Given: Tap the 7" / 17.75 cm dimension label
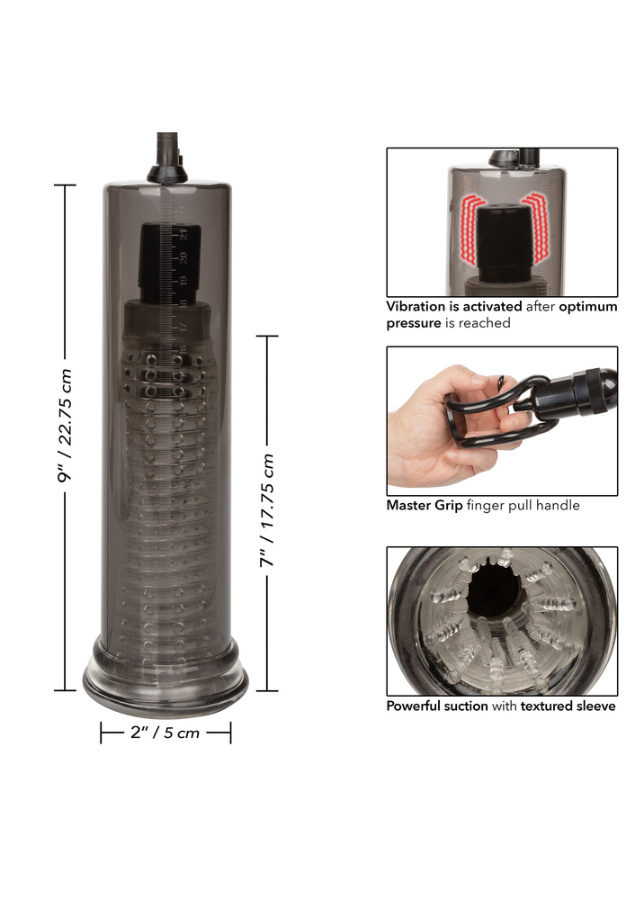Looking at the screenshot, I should click(x=267, y=511).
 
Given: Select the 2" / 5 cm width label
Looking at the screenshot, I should click(x=165, y=733).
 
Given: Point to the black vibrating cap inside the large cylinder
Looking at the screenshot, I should click(x=170, y=261).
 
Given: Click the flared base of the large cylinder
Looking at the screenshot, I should click(x=165, y=670).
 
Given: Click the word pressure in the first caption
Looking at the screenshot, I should click(x=414, y=322).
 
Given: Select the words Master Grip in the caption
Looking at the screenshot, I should click(x=424, y=505).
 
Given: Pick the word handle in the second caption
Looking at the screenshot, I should click(x=557, y=505).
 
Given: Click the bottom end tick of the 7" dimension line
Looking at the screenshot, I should click(x=267, y=690).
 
